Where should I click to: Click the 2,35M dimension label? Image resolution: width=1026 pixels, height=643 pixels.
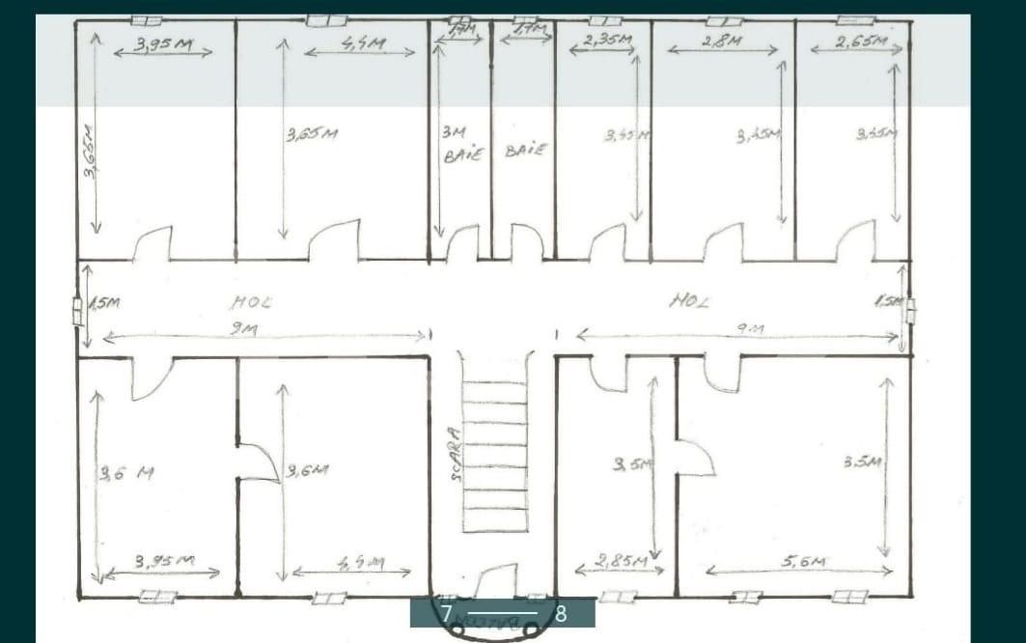click(608, 41)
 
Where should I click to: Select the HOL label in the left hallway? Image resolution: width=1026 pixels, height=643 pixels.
click(251, 302)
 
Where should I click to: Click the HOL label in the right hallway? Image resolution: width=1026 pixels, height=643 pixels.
click(688, 301)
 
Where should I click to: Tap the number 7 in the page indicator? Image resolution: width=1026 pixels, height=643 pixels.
click(446, 613)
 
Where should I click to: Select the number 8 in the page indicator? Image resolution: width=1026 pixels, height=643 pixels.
click(561, 613)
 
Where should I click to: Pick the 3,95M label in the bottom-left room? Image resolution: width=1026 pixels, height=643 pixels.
click(163, 560)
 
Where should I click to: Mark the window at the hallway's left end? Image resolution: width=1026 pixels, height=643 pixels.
click(77, 312)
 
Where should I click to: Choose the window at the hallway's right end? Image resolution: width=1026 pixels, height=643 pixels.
click(910, 312)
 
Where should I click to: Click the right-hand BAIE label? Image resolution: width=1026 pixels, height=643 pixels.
click(526, 151)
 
